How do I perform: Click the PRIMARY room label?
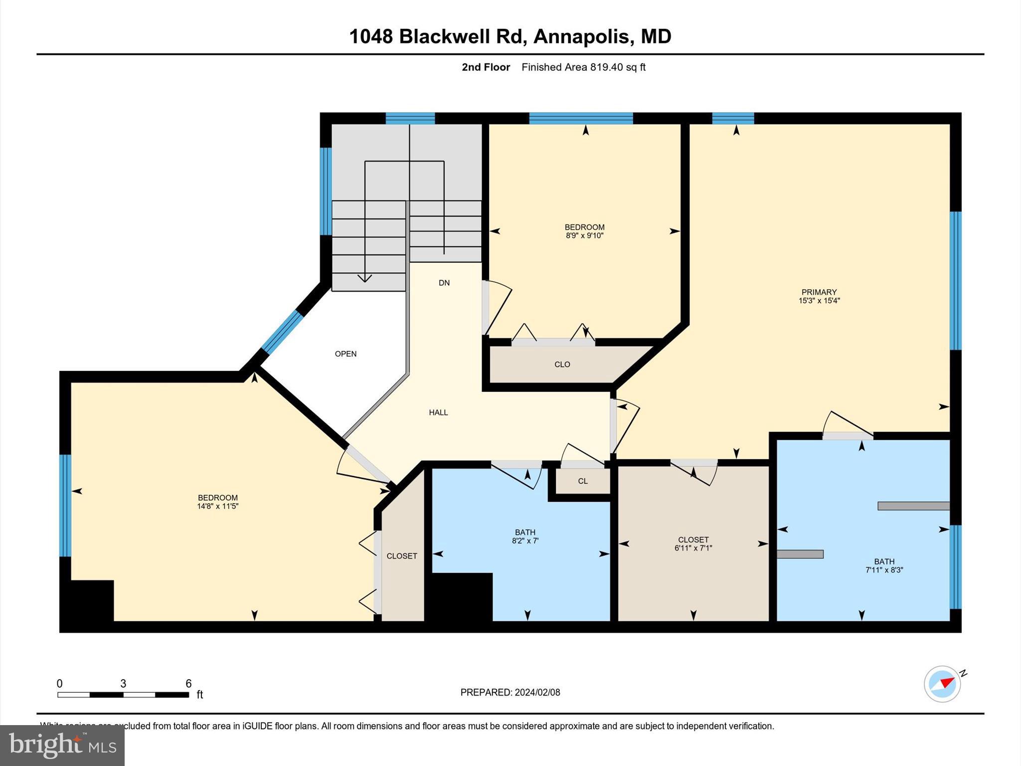819,292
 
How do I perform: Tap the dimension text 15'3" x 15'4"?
819,301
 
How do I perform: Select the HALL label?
438,412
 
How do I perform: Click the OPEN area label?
345,354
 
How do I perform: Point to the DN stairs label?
444,283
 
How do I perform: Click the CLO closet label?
562,365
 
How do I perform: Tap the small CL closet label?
583,481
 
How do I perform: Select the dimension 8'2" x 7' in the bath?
525,541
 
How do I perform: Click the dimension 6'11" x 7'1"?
693,548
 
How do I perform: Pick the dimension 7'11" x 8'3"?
884,570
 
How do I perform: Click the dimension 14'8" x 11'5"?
217,506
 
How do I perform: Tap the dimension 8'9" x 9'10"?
584,236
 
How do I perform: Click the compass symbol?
942,684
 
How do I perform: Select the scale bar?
123,695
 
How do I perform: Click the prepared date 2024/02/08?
537,692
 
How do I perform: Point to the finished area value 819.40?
607,67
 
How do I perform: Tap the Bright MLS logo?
62,745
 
